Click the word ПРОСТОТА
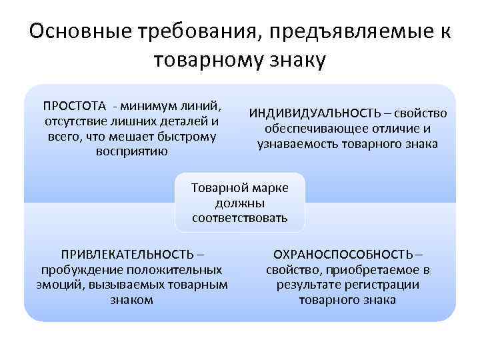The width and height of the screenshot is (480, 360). [74, 107]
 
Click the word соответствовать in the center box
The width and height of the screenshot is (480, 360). [240, 218]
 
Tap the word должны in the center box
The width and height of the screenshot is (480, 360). [240, 203]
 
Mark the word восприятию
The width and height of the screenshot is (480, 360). [132, 151]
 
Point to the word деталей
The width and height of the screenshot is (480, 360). [181, 121]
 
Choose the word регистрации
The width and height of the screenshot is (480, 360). [383, 285]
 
